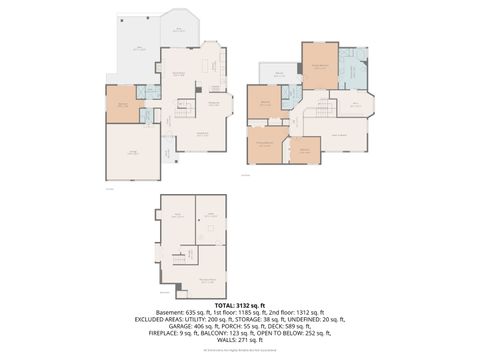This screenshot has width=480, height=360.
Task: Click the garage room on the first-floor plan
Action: coord(132,152)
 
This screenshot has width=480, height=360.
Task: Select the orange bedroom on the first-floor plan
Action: coord(122,104)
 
